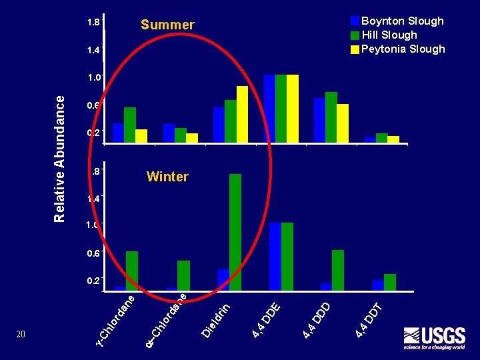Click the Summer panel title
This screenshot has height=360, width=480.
pos(167,25)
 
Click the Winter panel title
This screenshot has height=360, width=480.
pos(167,177)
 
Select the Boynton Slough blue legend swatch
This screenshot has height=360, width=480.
pos(355,21)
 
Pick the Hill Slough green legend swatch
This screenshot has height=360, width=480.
pos(355,35)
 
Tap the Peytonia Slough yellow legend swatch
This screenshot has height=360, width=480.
pos(355,49)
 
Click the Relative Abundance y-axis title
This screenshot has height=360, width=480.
pos(59,158)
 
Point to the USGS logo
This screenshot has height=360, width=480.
pos(434,337)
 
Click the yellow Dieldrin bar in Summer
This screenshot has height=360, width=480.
pos(242,114)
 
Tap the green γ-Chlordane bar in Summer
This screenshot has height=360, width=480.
pos(130,125)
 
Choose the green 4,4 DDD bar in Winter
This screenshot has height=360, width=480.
pos(338,270)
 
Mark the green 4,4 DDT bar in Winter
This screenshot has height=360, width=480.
pos(390,282)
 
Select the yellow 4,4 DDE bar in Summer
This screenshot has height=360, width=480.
pos(292,108)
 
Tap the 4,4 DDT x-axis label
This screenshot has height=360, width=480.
pos(368,320)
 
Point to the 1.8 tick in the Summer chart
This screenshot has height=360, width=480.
pos(93,23)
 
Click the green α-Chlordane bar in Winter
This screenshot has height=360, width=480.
pos(183,275)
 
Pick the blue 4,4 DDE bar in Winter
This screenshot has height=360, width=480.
pos(275,256)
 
